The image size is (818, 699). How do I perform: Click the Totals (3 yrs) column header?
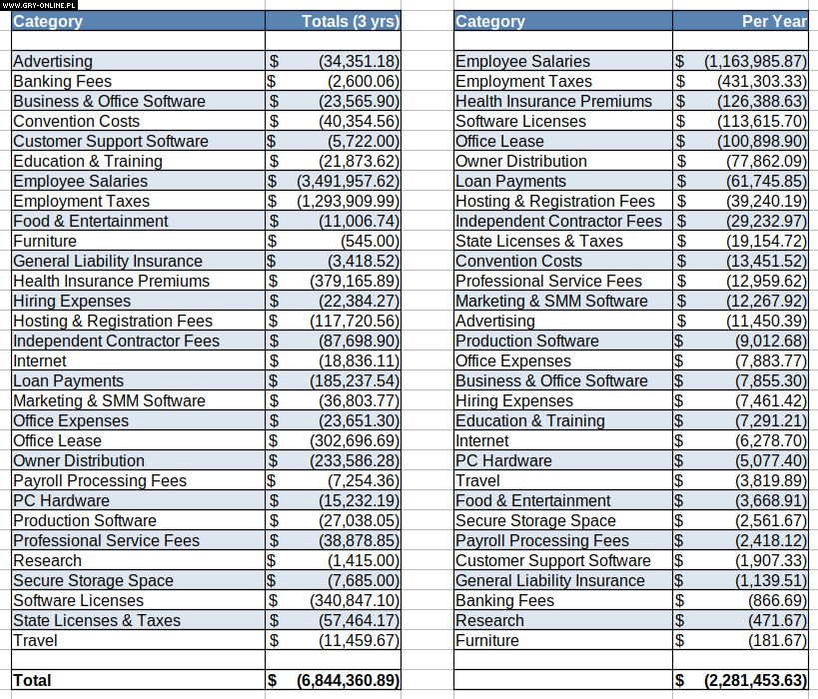(350, 21)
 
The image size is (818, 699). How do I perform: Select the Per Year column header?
(774, 21)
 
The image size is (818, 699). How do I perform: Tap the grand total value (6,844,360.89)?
(348, 680)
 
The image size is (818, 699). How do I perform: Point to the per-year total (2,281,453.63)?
(755, 680)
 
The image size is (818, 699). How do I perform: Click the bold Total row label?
(32, 680)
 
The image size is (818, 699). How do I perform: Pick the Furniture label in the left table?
(45, 241)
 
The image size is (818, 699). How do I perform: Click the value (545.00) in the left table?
(370, 241)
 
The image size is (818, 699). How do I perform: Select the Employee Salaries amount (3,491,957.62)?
(348, 181)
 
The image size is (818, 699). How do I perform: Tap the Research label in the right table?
(489, 620)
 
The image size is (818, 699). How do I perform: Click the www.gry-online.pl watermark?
(39, 5)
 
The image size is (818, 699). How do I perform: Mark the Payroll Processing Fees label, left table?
(100, 480)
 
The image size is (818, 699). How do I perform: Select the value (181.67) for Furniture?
(777, 640)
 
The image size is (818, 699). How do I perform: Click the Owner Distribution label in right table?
(521, 161)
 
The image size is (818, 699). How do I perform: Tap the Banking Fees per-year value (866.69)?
(777, 600)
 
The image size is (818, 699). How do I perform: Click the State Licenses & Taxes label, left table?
(97, 620)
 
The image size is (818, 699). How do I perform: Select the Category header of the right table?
(489, 21)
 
